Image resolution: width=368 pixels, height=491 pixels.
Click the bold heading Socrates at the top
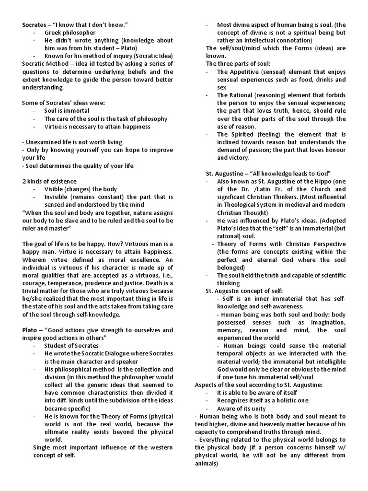point(36,24)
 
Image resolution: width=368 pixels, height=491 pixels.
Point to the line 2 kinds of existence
point(49,181)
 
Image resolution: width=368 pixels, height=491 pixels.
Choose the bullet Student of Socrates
point(71,345)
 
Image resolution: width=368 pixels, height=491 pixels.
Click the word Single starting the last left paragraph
point(42,447)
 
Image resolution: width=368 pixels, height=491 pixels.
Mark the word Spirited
point(247,134)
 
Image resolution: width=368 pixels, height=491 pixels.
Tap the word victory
point(239,157)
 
